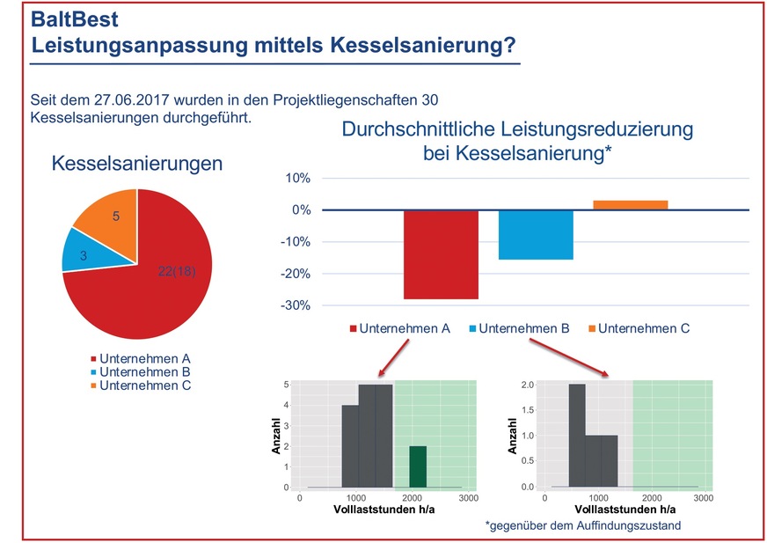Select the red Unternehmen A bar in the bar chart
pos(441,253)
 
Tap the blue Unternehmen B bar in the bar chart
pos(536,235)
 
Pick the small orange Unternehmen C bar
pos(630,205)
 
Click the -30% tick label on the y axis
pos(295,305)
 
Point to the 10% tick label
pos(296,179)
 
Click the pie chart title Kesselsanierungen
pos(137,164)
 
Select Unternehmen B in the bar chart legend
pos(523,328)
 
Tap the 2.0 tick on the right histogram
pos(527,385)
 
